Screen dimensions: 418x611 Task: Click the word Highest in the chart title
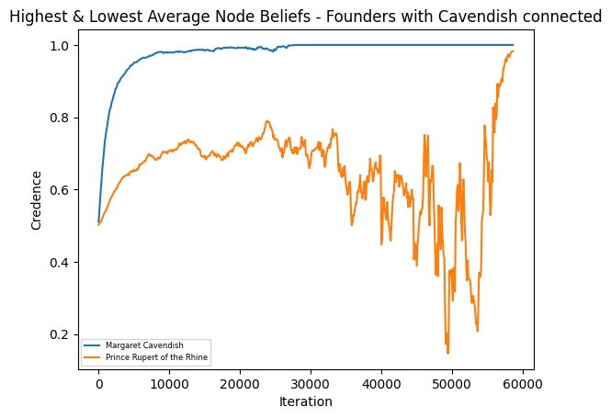40,17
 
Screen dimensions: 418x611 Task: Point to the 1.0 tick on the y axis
62,46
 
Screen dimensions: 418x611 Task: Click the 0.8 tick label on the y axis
62,118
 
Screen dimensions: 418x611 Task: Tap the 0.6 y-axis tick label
62,190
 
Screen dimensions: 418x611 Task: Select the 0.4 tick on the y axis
62,263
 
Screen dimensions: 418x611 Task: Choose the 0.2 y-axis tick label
62,334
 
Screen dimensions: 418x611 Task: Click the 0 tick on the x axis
99,386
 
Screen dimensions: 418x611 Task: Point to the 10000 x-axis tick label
169,386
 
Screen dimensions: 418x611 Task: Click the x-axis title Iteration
306,401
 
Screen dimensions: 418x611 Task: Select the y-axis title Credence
37,200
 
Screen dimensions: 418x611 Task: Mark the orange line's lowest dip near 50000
447,352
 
